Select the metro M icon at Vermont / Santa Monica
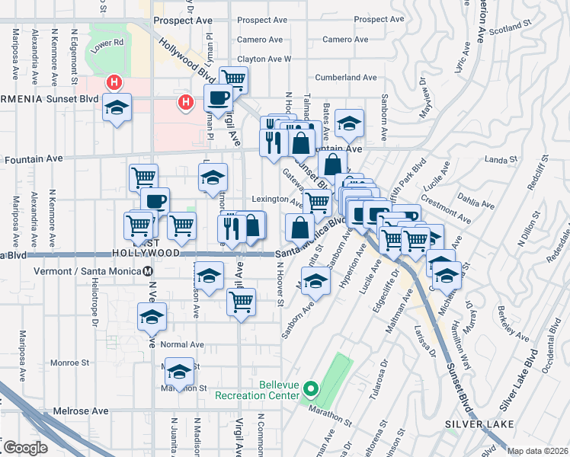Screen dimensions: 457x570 148,271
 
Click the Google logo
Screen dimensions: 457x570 25,448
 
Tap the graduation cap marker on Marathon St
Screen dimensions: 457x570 179,371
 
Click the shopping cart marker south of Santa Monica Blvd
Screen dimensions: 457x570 241,300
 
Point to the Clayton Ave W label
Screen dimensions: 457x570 265,58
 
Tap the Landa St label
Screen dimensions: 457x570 501,160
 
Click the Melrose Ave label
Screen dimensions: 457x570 81,411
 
